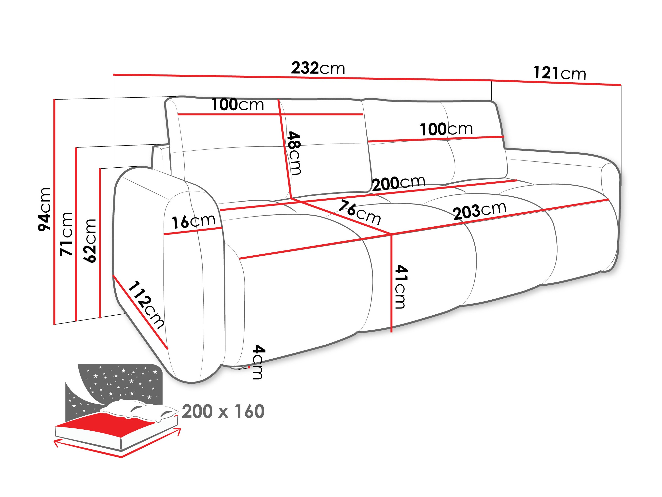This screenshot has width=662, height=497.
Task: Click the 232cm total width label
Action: (x=318, y=68)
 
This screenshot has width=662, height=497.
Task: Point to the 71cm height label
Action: (x=66, y=234)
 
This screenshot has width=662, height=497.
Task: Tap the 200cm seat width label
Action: (x=398, y=183)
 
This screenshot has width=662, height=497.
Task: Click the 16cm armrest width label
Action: (x=193, y=221)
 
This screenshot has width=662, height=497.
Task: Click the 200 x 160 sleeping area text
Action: (x=223, y=411)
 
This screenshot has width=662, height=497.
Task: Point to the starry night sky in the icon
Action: (x=120, y=380)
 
